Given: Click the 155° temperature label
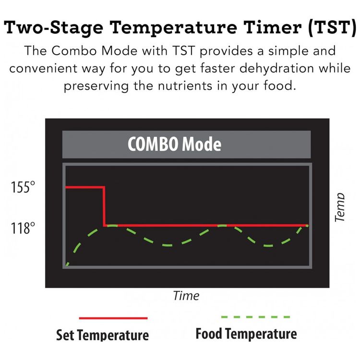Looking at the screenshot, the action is [x=23, y=187].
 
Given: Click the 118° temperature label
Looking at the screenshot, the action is [x=23, y=228].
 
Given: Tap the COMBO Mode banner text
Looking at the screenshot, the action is [x=175, y=144].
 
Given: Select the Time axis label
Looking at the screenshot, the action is [x=186, y=296].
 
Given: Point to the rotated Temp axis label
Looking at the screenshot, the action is [x=339, y=207].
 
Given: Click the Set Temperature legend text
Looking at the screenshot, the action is [x=102, y=335].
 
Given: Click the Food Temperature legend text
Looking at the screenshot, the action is [x=246, y=334].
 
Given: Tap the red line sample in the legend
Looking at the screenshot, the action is [x=113, y=318].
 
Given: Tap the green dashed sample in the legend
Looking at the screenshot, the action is [x=255, y=317].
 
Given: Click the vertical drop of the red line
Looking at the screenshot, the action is [x=104, y=206].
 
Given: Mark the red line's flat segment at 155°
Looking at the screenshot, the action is [x=85, y=187].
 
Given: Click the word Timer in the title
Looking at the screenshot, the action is [x=273, y=27].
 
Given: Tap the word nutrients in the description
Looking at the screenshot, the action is [x=185, y=86].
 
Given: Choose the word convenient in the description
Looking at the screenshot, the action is [x=43, y=69].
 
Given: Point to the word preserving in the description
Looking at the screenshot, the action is [x=96, y=86].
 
